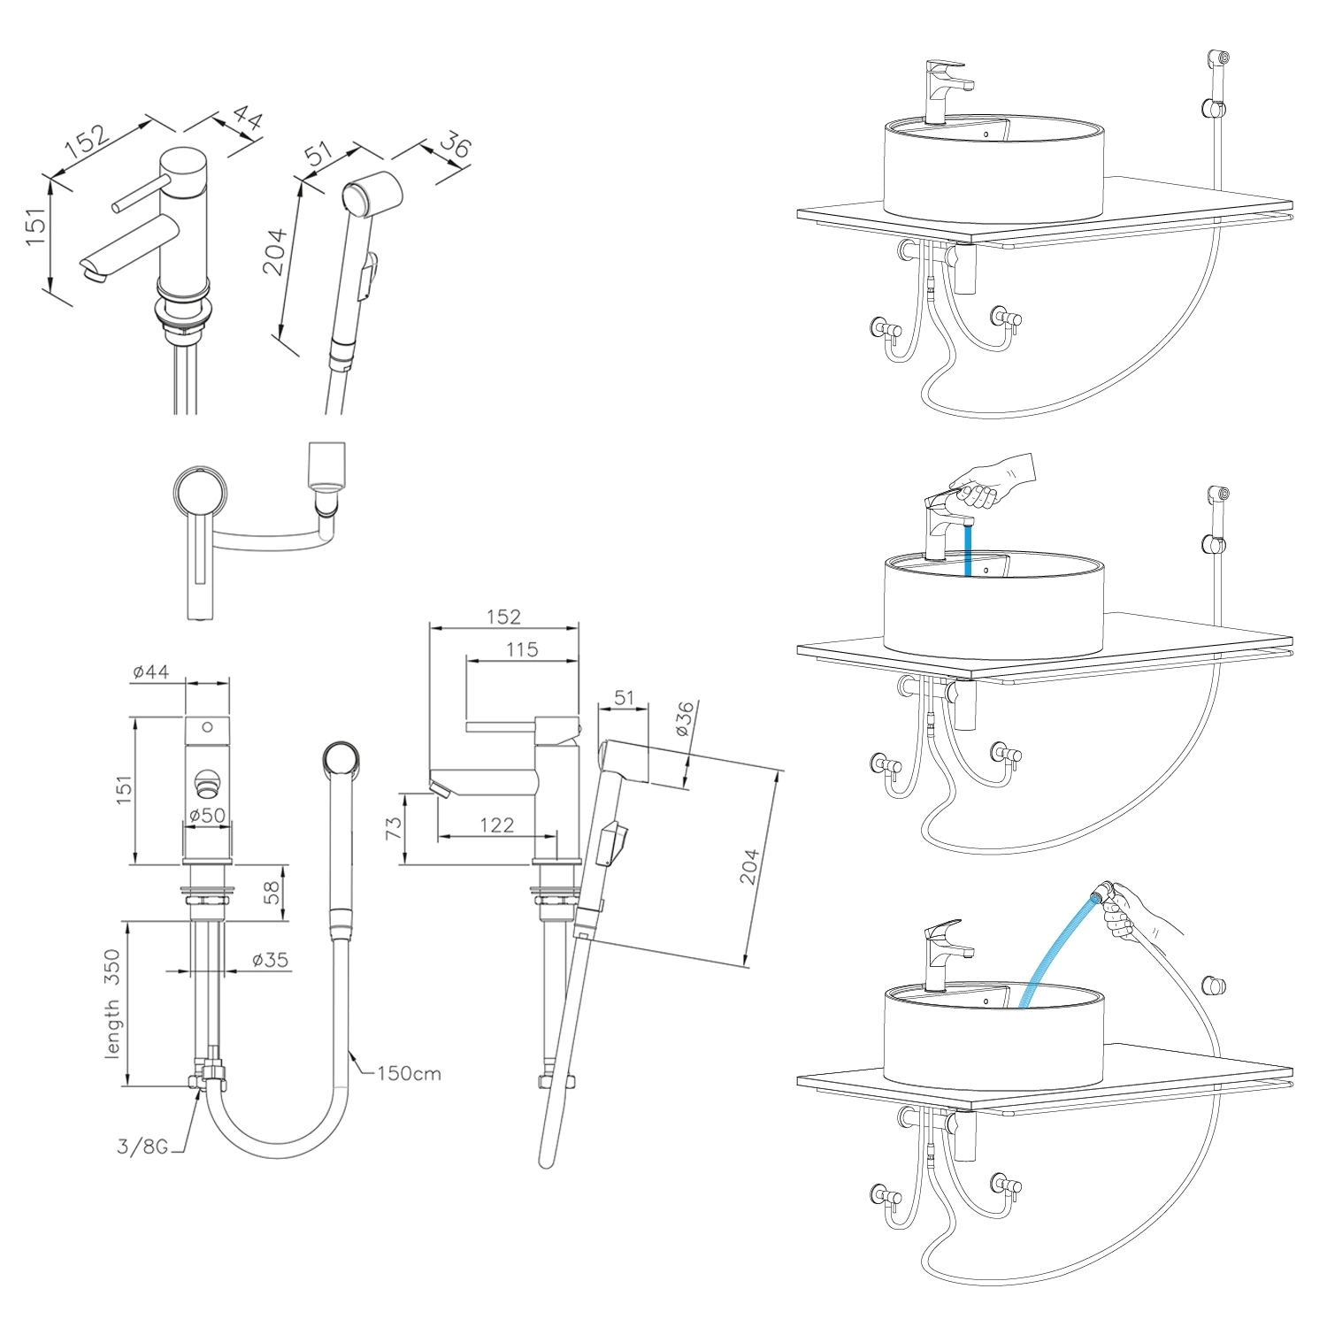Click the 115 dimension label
(522, 649)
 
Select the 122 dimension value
(496, 825)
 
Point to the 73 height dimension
(394, 828)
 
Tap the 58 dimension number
(272, 891)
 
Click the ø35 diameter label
(270, 960)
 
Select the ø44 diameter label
(150, 672)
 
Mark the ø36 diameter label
(684, 719)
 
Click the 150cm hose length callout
(409, 1073)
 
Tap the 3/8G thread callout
(142, 1147)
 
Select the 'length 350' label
(112, 1004)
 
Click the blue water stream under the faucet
(968, 548)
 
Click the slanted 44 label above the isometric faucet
(247, 118)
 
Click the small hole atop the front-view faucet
(207, 727)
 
